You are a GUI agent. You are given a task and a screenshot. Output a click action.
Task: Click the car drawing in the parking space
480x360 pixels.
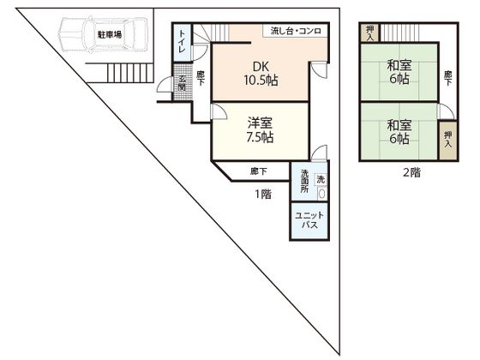104,34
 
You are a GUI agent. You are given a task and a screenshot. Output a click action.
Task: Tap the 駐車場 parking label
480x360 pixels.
110,34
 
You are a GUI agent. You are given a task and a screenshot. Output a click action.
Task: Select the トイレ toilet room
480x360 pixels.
183,42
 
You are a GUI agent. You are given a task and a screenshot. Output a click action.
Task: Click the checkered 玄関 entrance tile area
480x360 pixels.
182,81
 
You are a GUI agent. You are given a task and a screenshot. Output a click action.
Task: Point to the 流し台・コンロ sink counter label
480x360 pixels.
296,31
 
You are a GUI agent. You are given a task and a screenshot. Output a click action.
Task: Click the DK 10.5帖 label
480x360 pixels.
261,74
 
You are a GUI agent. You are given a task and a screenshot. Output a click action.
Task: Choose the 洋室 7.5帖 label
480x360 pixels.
260,130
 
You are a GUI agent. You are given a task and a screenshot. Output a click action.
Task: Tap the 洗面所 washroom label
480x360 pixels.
304,181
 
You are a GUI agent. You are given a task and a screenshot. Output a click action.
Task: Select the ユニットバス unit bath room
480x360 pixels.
309,220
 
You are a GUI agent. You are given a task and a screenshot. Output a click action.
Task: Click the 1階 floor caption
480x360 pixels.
263,194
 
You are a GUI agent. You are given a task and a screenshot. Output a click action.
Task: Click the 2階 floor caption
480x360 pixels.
411,173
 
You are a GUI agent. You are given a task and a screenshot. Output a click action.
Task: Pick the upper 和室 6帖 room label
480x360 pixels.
399,72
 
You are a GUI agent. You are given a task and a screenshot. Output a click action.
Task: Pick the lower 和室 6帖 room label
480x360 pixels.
399,132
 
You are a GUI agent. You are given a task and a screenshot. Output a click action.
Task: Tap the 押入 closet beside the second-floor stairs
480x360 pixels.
370,33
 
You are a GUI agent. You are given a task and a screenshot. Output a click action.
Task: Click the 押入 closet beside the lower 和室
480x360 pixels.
447,141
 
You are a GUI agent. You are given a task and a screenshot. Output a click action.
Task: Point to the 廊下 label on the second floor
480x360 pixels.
447,78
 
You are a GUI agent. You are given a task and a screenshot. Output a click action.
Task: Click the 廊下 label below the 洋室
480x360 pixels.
259,171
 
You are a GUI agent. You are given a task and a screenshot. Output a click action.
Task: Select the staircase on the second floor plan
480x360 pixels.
399,33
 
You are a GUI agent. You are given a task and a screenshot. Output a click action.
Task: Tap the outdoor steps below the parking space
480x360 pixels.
129,73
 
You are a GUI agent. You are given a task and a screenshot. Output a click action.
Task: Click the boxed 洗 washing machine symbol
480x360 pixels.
321,179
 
